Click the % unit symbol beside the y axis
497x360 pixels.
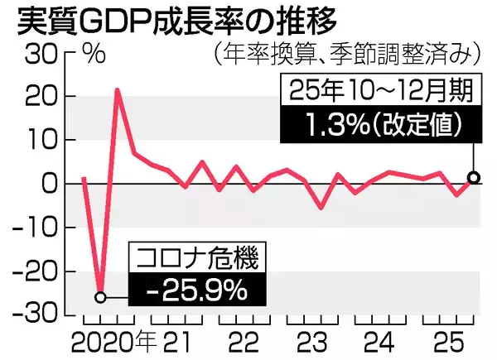[94, 56]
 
